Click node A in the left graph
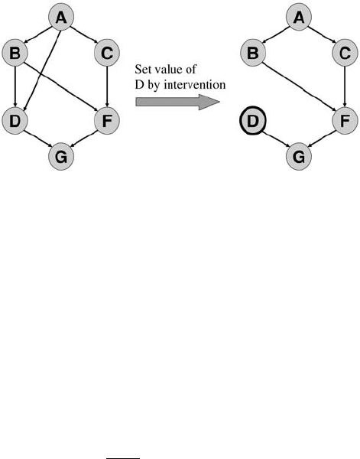[x=61, y=18]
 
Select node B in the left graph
[x=15, y=53]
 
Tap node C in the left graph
[x=107, y=53]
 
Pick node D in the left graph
[x=15, y=121]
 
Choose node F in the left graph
[x=107, y=121]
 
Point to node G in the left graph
[x=61, y=157]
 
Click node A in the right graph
[x=299, y=18]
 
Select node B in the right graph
[x=253, y=53]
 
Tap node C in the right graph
[x=345, y=53]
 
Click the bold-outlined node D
[x=253, y=121]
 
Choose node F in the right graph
[x=345, y=121]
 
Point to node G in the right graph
[x=299, y=157]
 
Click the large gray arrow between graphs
[x=177, y=103]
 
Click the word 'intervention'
[x=195, y=85]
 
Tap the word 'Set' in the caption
[x=141, y=70]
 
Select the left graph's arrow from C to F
[x=107, y=87]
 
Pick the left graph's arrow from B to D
[x=15, y=87]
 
